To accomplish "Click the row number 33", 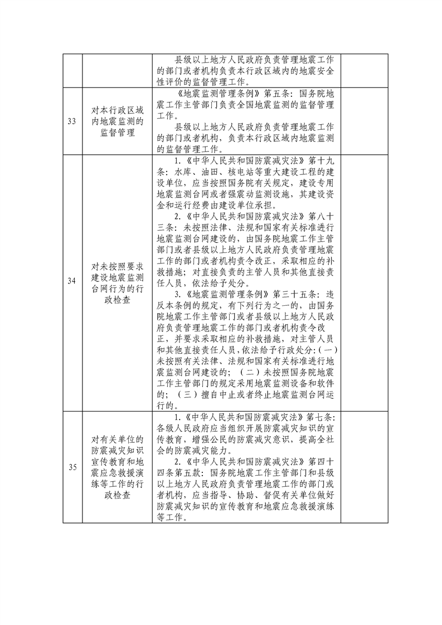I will click(72, 122).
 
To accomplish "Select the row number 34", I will click(72, 281).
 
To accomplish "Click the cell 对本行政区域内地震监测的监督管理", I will click(116, 122).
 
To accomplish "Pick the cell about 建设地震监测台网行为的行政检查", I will click(116, 281).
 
